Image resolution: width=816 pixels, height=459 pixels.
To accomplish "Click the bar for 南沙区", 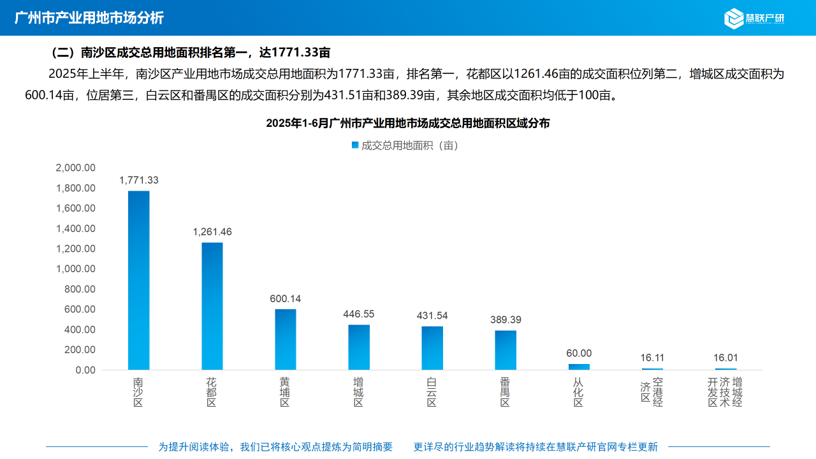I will [138, 280].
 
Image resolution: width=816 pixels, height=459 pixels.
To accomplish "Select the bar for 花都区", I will [212, 306].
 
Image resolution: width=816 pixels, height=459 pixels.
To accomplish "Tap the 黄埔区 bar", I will [286, 339].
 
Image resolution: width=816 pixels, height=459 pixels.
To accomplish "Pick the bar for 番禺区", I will [506, 350].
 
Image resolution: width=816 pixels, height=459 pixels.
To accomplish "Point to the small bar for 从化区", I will [579, 367].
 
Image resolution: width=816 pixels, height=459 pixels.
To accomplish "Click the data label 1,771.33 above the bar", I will [139, 180].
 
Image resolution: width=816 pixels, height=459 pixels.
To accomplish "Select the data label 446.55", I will [359, 314].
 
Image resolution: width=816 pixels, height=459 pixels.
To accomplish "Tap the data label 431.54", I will [432, 316].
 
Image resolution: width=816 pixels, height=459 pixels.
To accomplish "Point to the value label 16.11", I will [652, 358].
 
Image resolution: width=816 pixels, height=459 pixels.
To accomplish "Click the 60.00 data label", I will [579, 353].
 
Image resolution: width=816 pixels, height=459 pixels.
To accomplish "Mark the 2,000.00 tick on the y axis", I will [76, 168].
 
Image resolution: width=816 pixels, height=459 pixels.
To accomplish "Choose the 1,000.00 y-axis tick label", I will [76, 269].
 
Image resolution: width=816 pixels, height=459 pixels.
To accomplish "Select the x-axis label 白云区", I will [432, 392].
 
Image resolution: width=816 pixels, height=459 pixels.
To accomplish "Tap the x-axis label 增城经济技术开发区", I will [725, 392].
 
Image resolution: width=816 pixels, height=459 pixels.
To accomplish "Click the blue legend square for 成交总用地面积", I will [355, 145].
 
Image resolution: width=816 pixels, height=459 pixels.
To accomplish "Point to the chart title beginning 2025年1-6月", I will [408, 124].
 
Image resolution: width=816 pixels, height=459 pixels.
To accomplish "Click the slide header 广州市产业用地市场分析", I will [89, 18].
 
